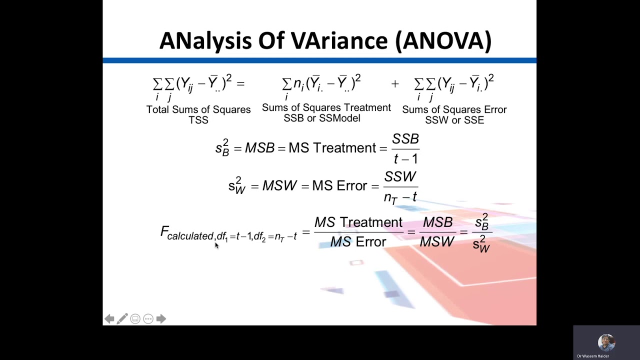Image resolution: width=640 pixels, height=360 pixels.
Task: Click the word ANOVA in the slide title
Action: coord(443,41)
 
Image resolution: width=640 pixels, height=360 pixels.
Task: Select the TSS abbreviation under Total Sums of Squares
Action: coord(198,120)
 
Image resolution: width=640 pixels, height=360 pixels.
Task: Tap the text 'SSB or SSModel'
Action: coord(322,118)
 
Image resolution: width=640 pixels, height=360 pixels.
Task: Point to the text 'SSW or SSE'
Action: coord(454,120)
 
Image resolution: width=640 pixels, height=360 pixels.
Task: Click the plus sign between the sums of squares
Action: coord(395,84)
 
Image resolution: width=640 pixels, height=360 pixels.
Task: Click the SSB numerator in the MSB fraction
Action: coord(405,139)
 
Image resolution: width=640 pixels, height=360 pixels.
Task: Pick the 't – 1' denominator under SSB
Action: coord(405,159)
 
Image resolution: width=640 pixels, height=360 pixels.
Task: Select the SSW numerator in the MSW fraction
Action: coord(400,177)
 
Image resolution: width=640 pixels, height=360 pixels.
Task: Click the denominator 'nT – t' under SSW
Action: coord(400,197)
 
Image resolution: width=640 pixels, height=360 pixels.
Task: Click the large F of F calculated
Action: coord(164,231)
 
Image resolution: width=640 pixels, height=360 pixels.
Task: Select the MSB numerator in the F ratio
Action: coord(437,222)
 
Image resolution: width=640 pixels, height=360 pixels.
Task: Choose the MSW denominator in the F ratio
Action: coord(437,242)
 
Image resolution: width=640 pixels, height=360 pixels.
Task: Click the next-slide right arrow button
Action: coord(161,319)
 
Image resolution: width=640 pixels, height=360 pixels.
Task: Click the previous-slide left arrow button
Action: coord(109,319)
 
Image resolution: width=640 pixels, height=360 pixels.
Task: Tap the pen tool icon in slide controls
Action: coord(122,319)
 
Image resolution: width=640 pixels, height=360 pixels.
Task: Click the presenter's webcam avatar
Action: coord(606,342)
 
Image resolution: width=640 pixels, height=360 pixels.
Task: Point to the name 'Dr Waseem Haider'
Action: coord(593,356)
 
